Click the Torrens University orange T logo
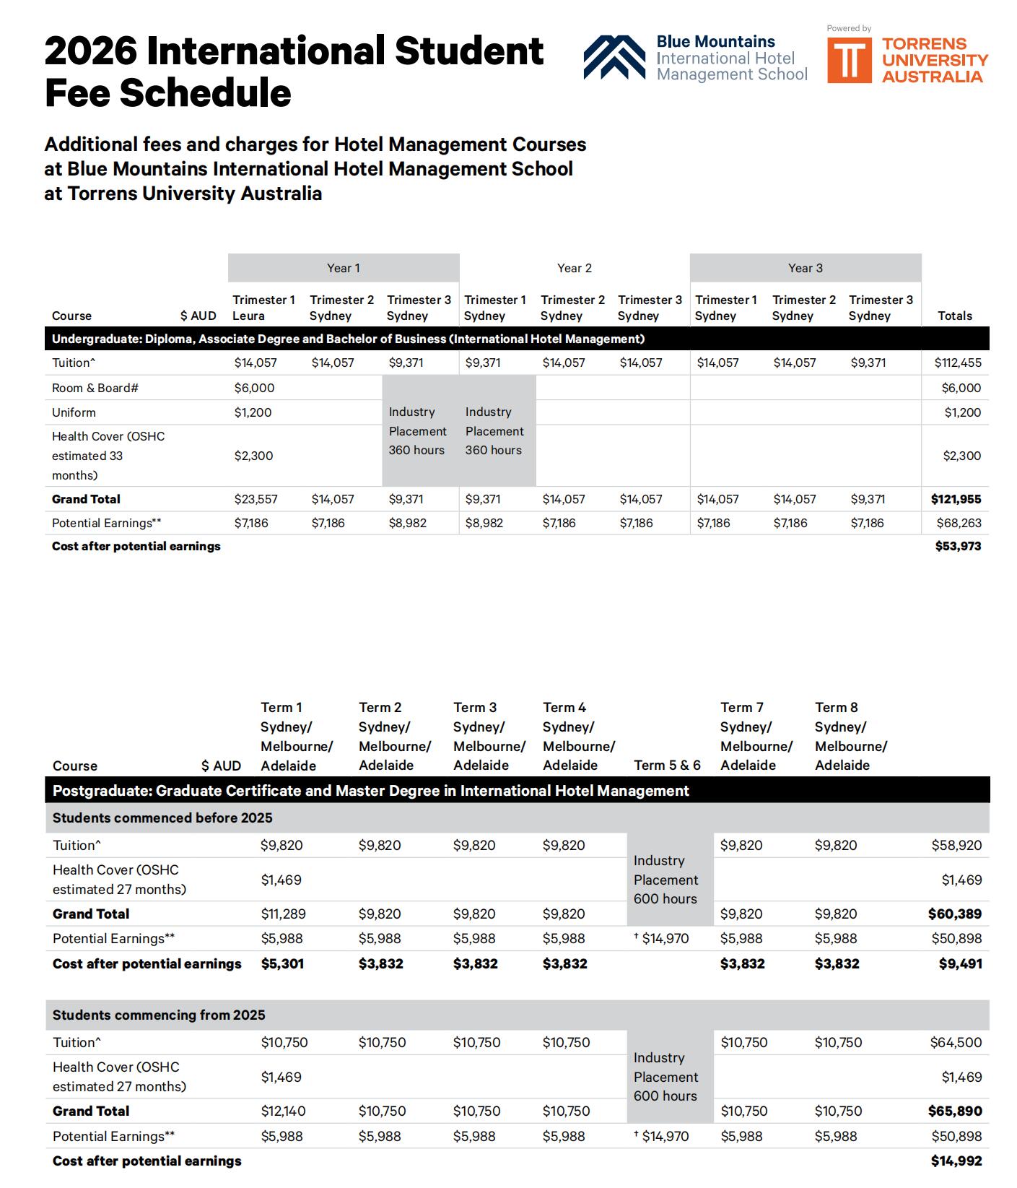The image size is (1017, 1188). tap(850, 60)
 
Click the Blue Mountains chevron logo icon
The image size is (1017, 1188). tap(614, 57)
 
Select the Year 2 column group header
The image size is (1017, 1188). tap(574, 268)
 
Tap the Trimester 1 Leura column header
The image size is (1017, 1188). tap(263, 308)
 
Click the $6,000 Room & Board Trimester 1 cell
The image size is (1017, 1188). tap(254, 388)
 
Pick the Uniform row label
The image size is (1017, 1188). tap(74, 412)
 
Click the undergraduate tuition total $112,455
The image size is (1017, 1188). tap(957, 363)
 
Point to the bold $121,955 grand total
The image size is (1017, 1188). tap(956, 499)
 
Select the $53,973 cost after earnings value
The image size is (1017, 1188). tap(958, 546)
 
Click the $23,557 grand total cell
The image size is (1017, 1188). tap(256, 499)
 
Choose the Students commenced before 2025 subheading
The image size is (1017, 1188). tap(162, 818)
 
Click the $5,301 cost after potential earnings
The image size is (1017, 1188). tap(282, 963)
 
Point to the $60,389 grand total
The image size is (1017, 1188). tap(954, 914)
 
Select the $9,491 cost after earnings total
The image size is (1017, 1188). tap(960, 963)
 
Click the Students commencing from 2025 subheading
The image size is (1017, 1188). tap(159, 1015)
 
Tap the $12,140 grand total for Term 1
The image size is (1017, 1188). tap(283, 1111)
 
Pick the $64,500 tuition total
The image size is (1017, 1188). tap(956, 1042)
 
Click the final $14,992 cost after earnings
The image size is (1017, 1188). tap(956, 1161)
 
